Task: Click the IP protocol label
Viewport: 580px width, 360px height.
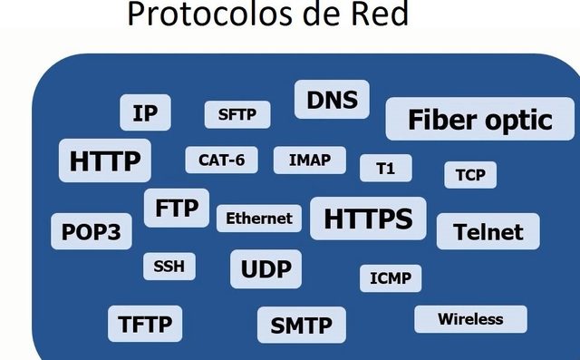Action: (x=145, y=113)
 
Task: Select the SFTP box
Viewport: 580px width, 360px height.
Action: (x=237, y=114)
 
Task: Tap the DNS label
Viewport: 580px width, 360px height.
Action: (x=333, y=99)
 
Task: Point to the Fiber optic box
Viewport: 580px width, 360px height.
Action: (x=479, y=120)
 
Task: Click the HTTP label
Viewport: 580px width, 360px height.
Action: (x=105, y=161)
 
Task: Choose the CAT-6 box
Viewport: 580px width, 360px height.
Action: (x=221, y=161)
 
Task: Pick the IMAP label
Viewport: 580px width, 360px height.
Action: (x=310, y=161)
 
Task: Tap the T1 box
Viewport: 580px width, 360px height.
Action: (x=385, y=168)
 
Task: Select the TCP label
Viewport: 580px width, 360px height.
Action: (x=470, y=174)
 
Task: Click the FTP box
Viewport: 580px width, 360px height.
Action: (x=176, y=208)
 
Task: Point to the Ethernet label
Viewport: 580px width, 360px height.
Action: (x=259, y=219)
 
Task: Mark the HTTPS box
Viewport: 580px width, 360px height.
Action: (x=368, y=219)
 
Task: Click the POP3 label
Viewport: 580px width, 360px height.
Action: (x=91, y=231)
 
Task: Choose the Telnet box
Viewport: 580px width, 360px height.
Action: (x=488, y=231)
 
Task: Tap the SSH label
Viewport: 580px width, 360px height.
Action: (x=169, y=267)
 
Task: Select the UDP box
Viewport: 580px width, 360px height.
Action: (x=266, y=268)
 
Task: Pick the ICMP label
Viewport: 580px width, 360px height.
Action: (x=391, y=278)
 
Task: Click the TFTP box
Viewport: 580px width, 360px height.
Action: (x=145, y=323)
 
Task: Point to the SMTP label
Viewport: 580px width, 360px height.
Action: (x=302, y=326)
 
